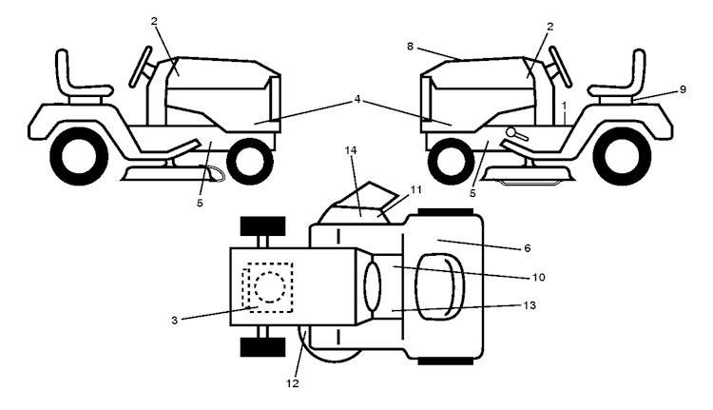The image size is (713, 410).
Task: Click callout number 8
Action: (x=410, y=47)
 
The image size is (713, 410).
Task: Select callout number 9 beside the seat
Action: (x=683, y=89)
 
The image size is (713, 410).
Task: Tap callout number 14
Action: (x=351, y=150)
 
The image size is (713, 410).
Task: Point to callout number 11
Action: (x=415, y=189)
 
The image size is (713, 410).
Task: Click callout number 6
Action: (x=528, y=248)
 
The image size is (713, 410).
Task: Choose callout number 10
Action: (x=538, y=277)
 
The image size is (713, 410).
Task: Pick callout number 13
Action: (x=530, y=305)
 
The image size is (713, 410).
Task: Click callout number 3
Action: (x=174, y=321)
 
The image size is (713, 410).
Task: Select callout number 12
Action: (x=293, y=383)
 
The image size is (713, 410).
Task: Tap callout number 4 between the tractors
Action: (x=357, y=99)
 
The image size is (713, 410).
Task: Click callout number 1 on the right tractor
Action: (x=565, y=106)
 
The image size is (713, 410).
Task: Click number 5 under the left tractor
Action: (x=200, y=203)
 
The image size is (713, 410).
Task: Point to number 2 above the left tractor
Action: (x=154, y=21)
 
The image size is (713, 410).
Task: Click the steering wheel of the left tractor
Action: (x=141, y=67)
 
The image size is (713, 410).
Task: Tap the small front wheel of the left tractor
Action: (x=250, y=161)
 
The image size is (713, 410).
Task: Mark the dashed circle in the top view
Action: (x=270, y=287)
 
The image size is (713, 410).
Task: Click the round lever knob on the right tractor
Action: (x=512, y=132)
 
